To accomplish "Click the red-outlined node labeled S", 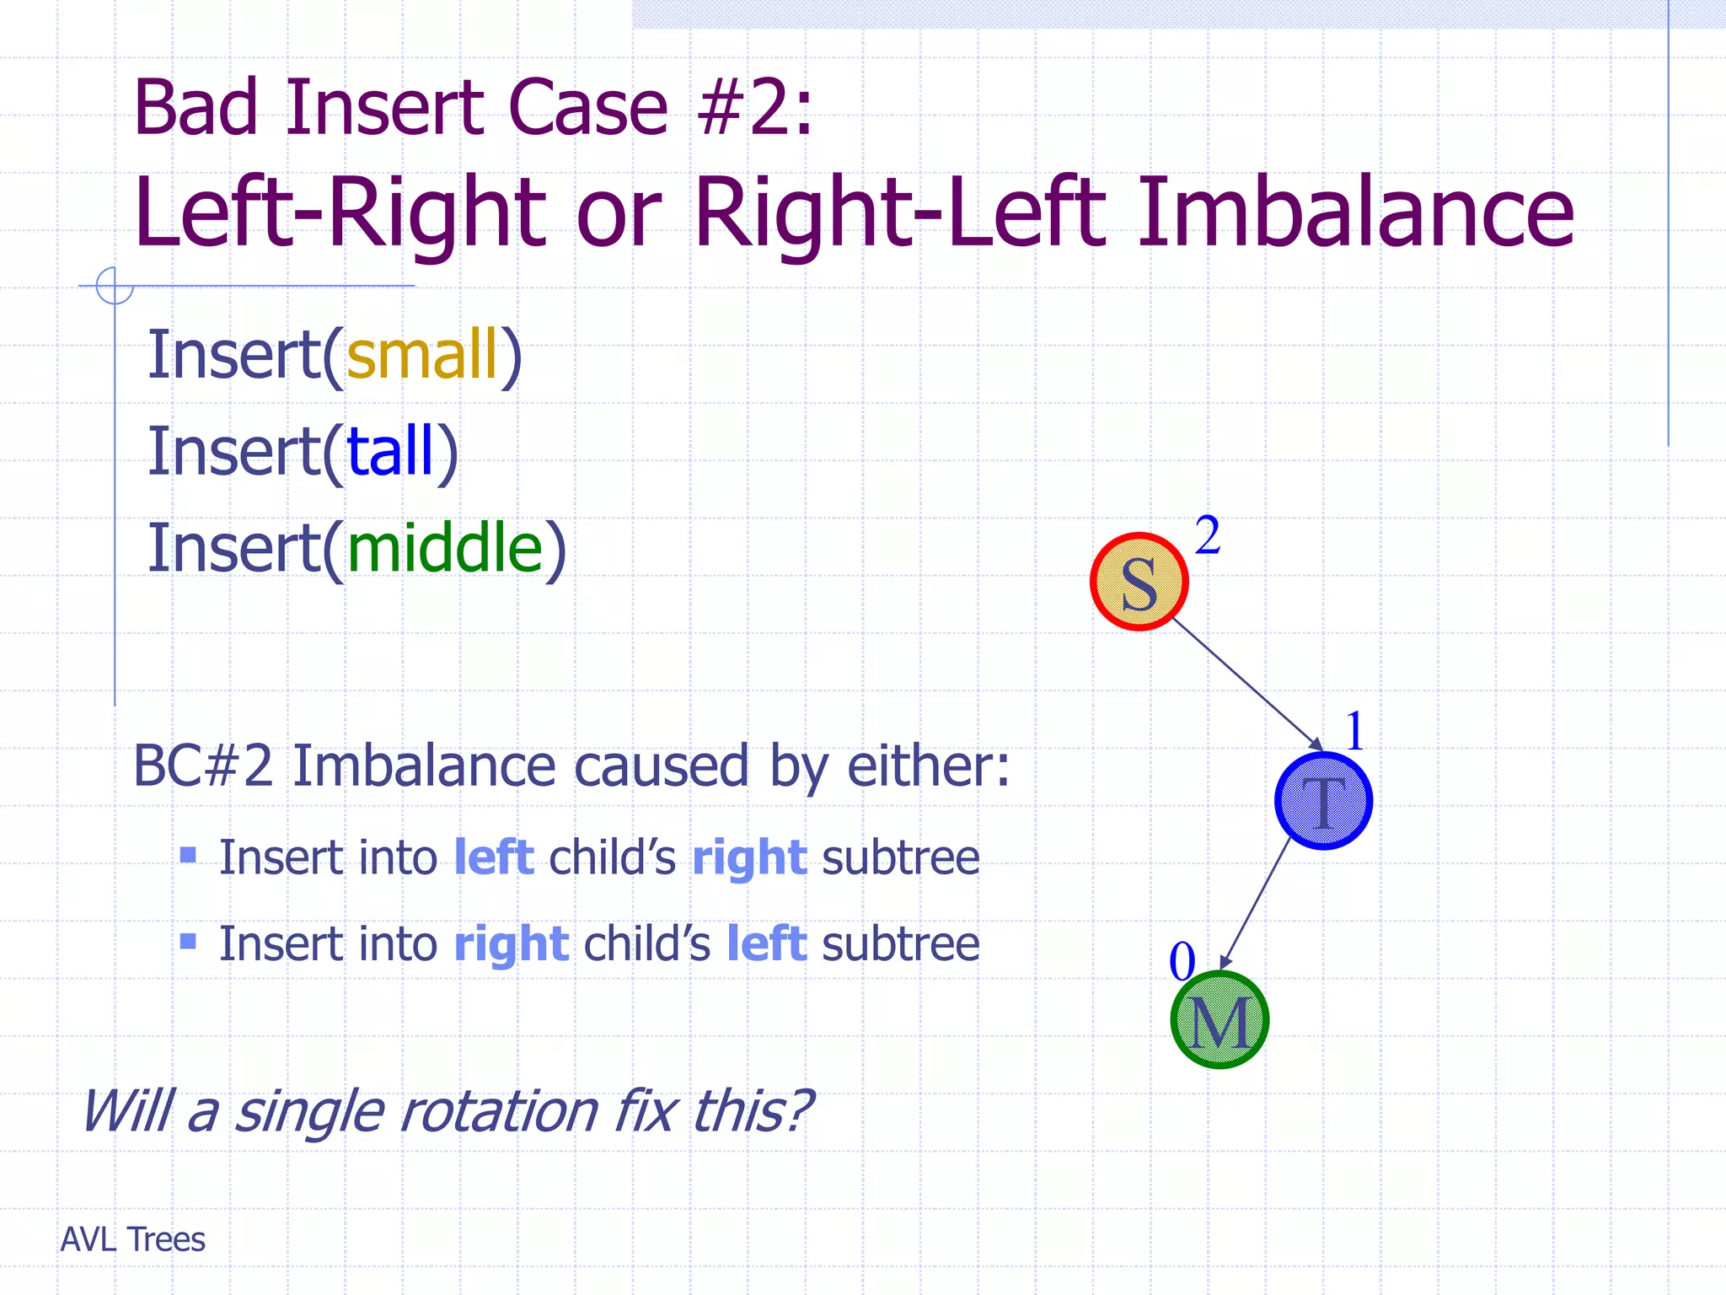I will [1139, 582].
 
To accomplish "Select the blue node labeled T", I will [1323, 800].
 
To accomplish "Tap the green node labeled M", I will [1219, 1019].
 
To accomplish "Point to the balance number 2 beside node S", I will [1208, 535].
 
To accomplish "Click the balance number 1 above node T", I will [1354, 730].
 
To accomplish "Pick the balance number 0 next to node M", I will [1182, 961].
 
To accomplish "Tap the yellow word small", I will [422, 354].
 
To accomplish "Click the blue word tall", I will [389, 451].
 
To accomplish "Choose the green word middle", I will [445, 547].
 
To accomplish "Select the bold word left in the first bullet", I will [494, 857].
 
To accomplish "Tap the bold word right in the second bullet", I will [511, 943].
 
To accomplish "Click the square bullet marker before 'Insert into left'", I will [188, 856].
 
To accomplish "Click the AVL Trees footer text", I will [133, 1239].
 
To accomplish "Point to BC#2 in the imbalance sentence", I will [203, 766].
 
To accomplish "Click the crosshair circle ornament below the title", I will [115, 285].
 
